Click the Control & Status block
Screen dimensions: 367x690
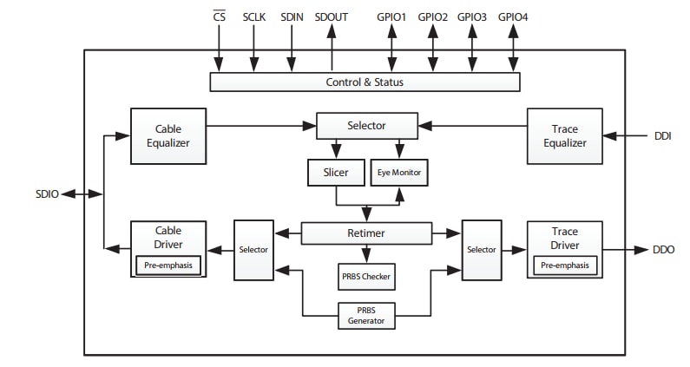[x=365, y=82]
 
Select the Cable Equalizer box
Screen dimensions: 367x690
[x=168, y=136]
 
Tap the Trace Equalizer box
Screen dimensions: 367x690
[x=564, y=136]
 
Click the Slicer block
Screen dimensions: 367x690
[x=335, y=173]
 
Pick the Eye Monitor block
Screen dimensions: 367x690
[x=398, y=173]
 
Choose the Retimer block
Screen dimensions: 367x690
[x=365, y=233]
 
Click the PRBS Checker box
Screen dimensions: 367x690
[x=365, y=278]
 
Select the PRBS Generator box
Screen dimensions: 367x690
[x=365, y=315]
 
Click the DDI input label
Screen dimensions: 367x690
[x=663, y=136]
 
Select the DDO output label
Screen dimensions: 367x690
[x=664, y=250]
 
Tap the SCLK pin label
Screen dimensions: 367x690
[x=254, y=16]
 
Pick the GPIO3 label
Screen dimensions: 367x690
[x=472, y=16]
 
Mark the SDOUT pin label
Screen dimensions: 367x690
[x=332, y=16]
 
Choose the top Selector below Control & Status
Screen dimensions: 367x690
[x=366, y=126]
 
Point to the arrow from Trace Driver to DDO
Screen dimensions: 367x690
[x=625, y=250]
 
